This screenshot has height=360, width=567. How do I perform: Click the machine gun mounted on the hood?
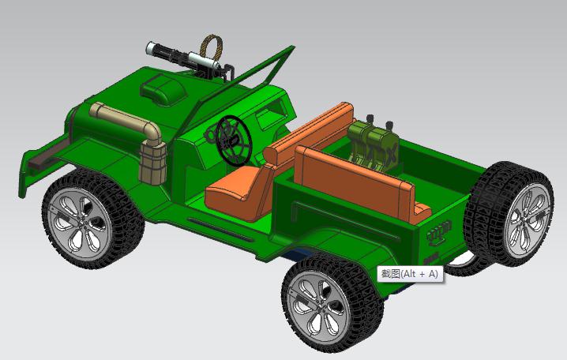click(x=186, y=58)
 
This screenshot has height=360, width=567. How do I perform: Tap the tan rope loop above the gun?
click(x=212, y=48)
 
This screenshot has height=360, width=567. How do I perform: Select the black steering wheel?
click(x=231, y=139)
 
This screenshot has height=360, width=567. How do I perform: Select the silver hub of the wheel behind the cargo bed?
click(x=524, y=219)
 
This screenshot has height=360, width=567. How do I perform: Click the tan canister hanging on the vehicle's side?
click(x=153, y=163)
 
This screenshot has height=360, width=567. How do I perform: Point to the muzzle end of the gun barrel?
click(x=150, y=49)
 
